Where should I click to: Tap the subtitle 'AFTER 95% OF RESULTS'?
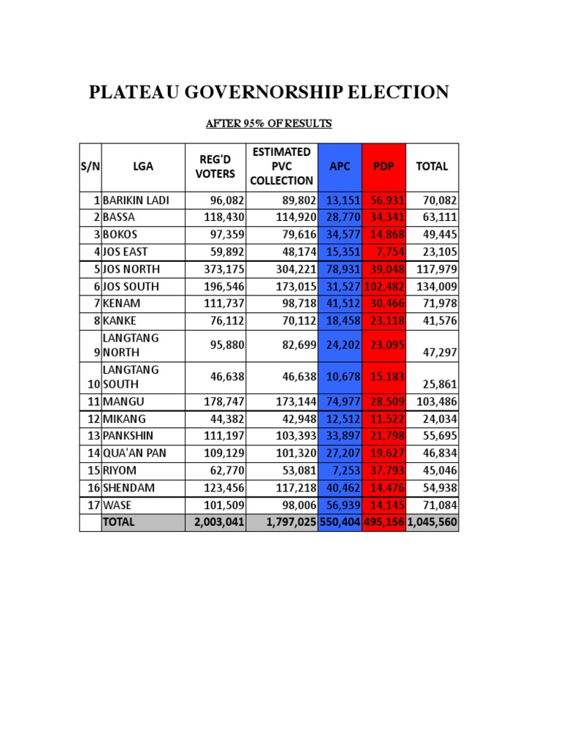coord(268,124)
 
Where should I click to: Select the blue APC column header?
coord(340,167)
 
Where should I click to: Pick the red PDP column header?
coord(383,167)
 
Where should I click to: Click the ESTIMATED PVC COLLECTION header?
coord(282,166)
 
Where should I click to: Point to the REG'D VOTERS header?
coord(215,166)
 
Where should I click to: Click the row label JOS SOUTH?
coord(131,286)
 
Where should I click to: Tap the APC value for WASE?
coord(340,505)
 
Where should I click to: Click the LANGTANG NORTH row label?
coord(131,345)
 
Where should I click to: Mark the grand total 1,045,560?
coord(432,523)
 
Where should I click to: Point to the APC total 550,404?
coord(340,523)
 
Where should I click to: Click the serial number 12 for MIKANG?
coord(93,419)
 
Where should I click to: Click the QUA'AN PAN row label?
coord(134,453)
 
